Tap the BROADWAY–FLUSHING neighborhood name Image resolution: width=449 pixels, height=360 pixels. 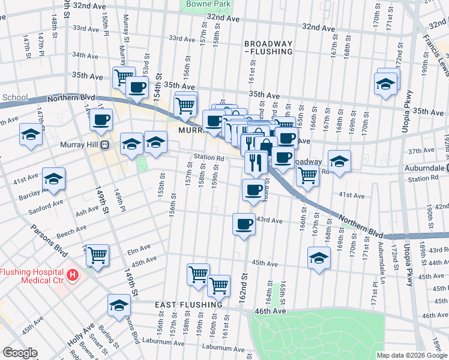click(x=268, y=48)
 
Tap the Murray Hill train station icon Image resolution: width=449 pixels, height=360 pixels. click(x=104, y=145)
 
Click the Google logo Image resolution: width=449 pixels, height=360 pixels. click(x=20, y=353)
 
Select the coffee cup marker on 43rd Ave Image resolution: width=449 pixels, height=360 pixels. click(x=243, y=224)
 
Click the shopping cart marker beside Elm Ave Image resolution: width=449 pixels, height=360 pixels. click(x=97, y=254)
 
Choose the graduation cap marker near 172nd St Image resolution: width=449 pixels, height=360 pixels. click(x=385, y=84)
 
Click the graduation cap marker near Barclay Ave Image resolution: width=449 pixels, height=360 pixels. click(x=53, y=179)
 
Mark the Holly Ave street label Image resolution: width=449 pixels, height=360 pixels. click(x=77, y=335)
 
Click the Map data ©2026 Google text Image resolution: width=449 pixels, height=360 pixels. click(x=411, y=355)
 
